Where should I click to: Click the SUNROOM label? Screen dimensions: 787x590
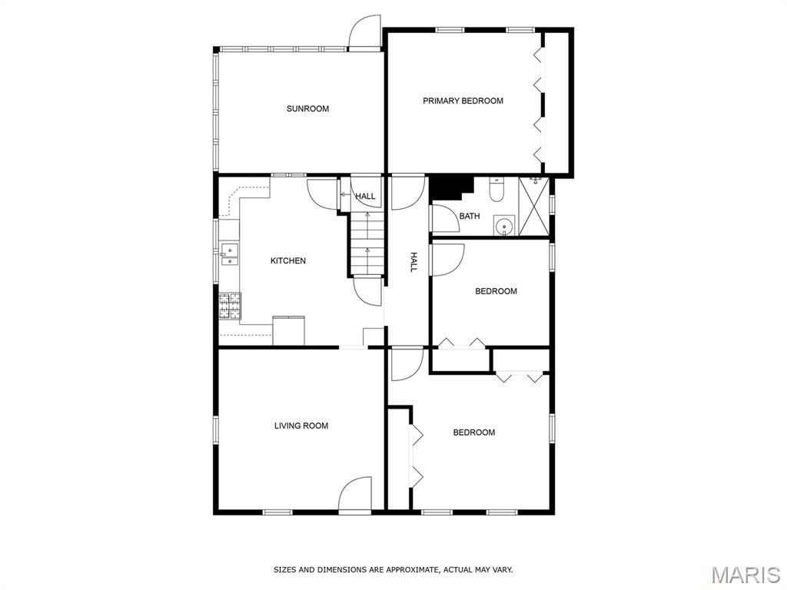tap(307, 108)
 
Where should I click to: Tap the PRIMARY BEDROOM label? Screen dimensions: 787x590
tap(463, 101)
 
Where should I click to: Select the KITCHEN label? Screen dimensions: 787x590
tap(288, 260)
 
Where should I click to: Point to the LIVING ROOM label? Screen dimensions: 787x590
tap(301, 426)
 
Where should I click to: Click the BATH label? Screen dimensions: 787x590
tap(470, 216)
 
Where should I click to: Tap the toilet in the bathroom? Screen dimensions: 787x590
tap(496, 190)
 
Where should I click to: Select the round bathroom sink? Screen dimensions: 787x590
tap(504, 226)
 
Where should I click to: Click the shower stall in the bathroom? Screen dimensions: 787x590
tap(533, 206)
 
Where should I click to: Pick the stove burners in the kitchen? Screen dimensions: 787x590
tap(230, 306)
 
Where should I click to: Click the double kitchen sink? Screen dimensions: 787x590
tap(229, 254)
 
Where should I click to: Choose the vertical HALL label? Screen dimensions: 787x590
tap(413, 262)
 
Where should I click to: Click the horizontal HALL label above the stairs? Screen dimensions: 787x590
tap(365, 196)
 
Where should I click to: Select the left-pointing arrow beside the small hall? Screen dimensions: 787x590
tap(345, 194)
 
